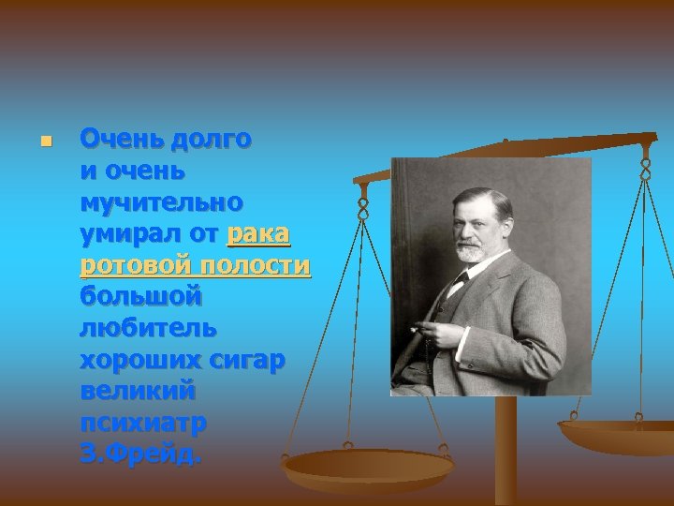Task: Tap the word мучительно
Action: (x=161, y=202)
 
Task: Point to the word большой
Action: (x=140, y=298)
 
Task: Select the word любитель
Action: (x=148, y=329)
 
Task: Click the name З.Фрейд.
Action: (x=140, y=455)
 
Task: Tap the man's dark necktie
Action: (x=462, y=279)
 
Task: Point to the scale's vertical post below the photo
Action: (x=505, y=450)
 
